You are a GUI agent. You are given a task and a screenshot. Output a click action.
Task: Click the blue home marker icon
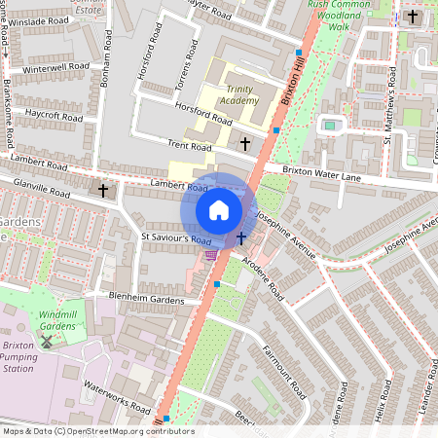[x=219, y=209]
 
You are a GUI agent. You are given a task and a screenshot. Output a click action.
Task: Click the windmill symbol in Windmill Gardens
[x=44, y=342]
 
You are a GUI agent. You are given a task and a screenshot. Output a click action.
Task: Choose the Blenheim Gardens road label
[x=147, y=301]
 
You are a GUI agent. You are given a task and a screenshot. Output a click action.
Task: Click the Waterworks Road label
[x=117, y=396]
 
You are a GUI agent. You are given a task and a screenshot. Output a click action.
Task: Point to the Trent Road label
[x=189, y=145]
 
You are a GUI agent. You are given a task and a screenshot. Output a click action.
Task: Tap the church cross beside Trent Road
[x=244, y=143]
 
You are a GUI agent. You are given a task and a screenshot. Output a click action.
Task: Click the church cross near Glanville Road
[x=103, y=190]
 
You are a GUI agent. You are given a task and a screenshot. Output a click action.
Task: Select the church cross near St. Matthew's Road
[x=413, y=18]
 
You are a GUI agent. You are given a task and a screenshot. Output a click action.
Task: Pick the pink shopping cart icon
[x=211, y=255]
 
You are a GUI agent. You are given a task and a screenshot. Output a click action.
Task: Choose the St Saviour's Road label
[x=176, y=237]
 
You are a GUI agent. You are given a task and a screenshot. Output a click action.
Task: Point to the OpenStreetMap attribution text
[x=98, y=431]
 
